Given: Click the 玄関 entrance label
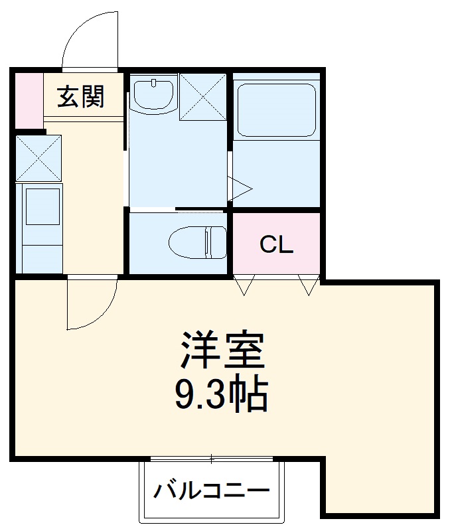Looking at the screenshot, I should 81,98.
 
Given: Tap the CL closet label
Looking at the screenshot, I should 276,246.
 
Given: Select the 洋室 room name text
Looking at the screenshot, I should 223,350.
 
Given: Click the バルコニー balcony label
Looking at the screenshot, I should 212,492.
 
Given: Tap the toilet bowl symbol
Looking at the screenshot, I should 197,243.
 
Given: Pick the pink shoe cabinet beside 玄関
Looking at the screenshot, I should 28,100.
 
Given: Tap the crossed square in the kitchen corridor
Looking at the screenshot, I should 38,158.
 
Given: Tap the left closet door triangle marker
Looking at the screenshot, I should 244,286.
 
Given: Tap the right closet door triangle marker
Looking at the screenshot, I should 308,286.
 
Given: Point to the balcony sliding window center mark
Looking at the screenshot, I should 212,459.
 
